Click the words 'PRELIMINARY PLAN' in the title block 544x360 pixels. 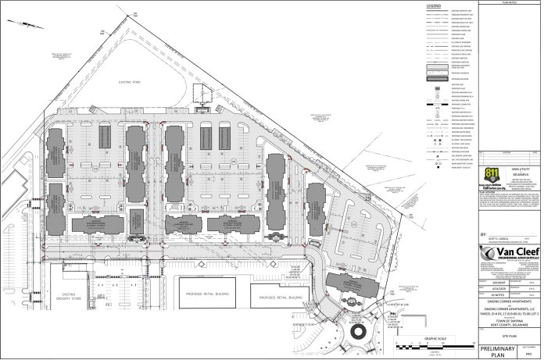499,351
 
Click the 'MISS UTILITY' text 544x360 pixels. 517,190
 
